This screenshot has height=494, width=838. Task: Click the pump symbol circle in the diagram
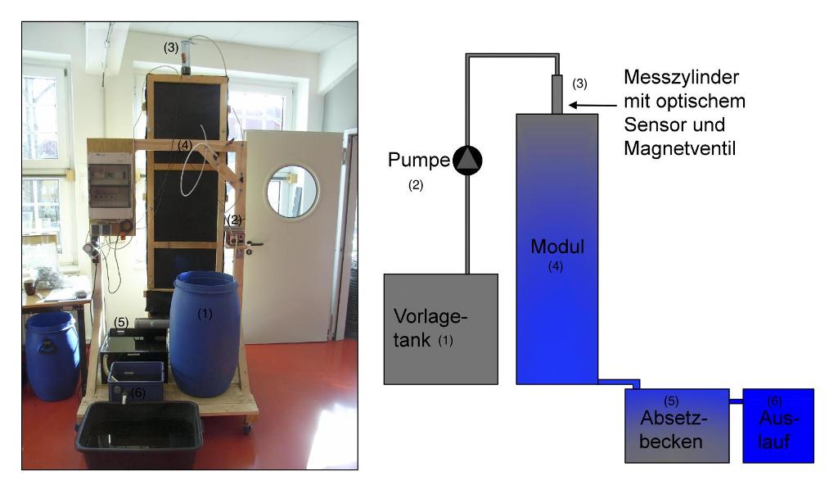(x=468, y=161)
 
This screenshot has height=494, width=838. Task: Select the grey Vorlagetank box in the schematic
(x=441, y=329)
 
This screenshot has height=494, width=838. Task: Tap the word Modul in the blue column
(x=556, y=247)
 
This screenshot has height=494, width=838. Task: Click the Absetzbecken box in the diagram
(x=677, y=426)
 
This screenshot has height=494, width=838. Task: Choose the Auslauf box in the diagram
(x=777, y=426)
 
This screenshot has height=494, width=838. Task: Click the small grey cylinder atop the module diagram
(x=556, y=94)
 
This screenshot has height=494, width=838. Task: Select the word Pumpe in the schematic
(x=418, y=161)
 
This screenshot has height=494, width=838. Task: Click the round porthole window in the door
(x=292, y=190)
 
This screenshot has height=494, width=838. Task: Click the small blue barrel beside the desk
(x=52, y=354)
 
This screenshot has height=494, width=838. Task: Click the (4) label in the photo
(x=185, y=145)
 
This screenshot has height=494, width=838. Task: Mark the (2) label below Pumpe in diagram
(x=416, y=186)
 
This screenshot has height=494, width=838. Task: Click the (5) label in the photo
(x=122, y=322)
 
